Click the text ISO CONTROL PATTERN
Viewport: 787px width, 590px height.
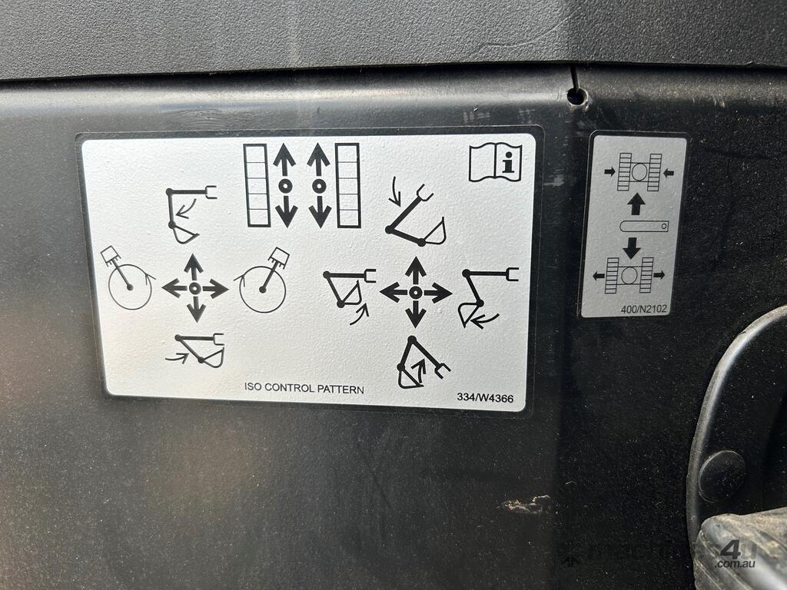coord(304,388)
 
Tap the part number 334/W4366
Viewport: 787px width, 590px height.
coord(485,398)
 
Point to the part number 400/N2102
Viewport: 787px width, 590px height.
coord(644,309)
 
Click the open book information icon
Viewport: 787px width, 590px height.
coord(496,163)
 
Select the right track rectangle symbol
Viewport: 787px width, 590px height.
coord(348,186)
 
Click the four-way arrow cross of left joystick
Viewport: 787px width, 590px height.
coord(194,288)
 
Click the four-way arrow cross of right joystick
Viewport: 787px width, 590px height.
coord(415,291)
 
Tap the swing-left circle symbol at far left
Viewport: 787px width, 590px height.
coord(128,278)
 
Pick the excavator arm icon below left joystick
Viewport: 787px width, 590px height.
coord(196,350)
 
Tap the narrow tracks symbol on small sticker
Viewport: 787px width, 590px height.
coord(639,172)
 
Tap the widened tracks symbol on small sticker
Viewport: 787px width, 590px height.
coord(629,275)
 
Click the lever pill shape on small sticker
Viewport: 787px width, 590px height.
coord(644,227)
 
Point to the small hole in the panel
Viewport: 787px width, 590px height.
coord(576,94)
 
